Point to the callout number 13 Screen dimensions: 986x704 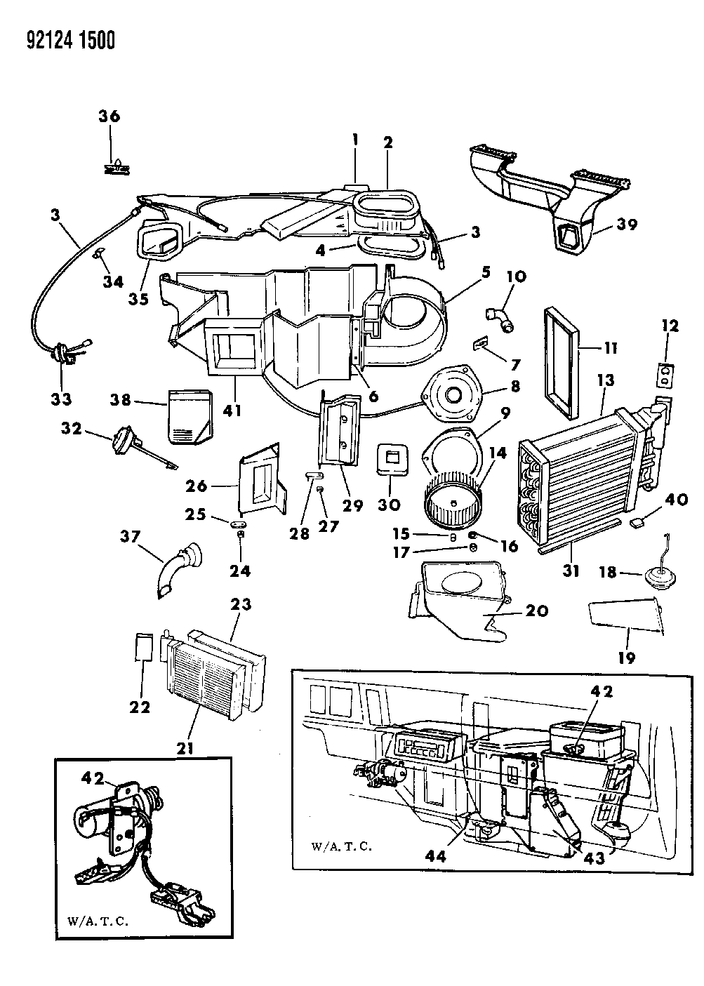click(x=606, y=381)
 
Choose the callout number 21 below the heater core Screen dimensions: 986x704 click(x=187, y=747)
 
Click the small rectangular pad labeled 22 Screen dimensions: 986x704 click(x=143, y=646)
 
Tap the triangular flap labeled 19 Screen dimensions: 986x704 click(x=625, y=615)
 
